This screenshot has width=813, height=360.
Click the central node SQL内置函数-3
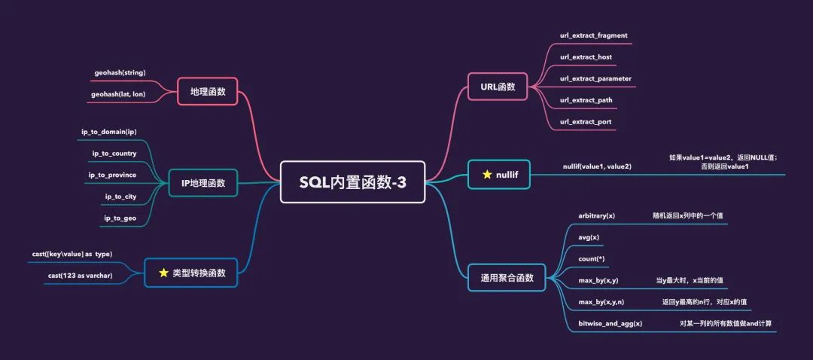352,182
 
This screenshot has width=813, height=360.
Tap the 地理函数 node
207,91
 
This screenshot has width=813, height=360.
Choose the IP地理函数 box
202,182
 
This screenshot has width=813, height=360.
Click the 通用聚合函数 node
507,277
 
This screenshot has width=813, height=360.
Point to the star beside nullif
486,175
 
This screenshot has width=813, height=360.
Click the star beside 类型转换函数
163,273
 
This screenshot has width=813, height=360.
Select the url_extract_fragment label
593,35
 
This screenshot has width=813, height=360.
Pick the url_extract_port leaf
586,121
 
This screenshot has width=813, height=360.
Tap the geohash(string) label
120,72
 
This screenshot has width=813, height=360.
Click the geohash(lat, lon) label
118,94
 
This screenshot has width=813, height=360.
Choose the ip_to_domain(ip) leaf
109,132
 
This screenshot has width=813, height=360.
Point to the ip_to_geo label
120,218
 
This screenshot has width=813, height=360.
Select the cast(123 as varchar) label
81,276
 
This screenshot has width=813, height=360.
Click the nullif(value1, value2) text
597,166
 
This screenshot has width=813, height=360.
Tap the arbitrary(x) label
596,215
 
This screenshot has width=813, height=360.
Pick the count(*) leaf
592,258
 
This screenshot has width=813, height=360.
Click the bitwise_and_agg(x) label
610,323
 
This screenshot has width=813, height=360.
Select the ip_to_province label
112,175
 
